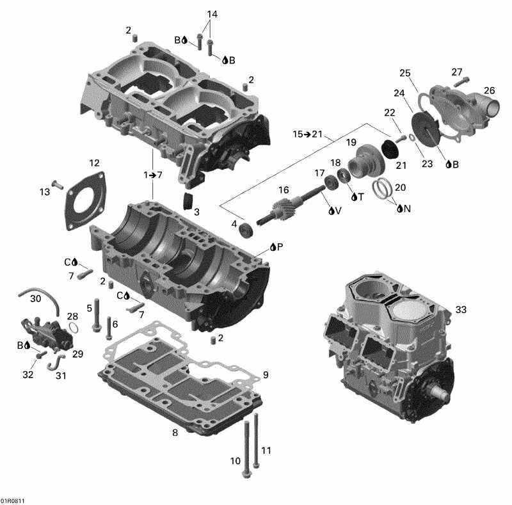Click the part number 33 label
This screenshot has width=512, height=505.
click(461, 310)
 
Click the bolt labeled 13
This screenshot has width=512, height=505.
click(56, 185)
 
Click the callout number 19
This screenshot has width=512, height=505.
click(351, 141)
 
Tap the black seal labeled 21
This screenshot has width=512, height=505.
click(389, 148)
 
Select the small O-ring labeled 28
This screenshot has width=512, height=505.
click(74, 328)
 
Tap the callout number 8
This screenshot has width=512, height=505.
click(174, 433)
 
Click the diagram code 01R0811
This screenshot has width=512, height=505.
click(13, 501)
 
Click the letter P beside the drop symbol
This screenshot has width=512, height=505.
click(280, 246)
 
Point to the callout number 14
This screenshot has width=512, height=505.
click(212, 14)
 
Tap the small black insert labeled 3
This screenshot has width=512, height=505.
click(188, 200)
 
